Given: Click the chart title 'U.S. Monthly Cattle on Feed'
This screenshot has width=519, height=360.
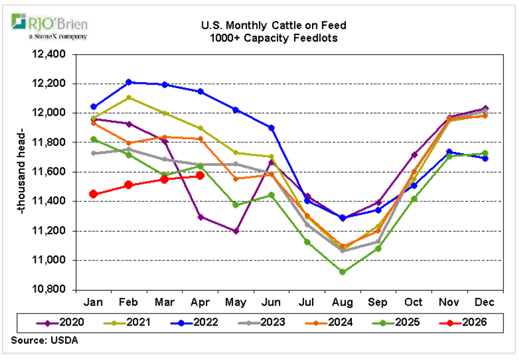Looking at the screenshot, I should (x=265, y=26).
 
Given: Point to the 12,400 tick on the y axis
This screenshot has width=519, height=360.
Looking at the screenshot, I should (x=53, y=54).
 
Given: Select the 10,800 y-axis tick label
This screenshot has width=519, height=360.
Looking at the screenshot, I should (x=53, y=290).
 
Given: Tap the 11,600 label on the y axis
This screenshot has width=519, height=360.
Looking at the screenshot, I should (x=53, y=172).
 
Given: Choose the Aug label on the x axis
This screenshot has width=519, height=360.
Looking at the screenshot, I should (x=343, y=302).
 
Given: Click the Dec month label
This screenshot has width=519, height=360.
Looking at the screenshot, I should (x=485, y=302).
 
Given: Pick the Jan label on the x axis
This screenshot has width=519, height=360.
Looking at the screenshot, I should (x=94, y=302).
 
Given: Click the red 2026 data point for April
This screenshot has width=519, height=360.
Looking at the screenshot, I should (x=200, y=176).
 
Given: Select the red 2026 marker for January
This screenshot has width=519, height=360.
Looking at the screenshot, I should (x=94, y=194).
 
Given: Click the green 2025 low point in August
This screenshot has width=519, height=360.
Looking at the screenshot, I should (x=343, y=272).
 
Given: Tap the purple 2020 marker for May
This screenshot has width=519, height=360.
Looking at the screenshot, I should (x=236, y=231).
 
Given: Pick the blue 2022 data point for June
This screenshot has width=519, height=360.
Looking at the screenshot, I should (x=272, y=128).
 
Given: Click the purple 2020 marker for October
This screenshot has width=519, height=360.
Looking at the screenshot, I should (x=414, y=155).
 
